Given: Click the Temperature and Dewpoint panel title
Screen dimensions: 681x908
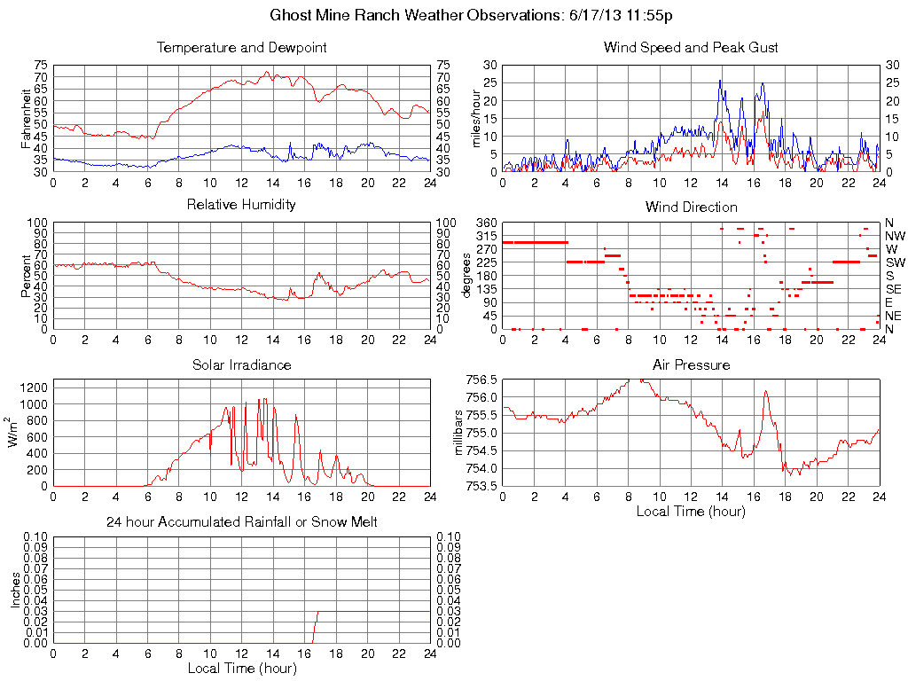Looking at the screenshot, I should tap(241, 47).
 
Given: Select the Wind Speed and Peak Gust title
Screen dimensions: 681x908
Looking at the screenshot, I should tap(691, 47).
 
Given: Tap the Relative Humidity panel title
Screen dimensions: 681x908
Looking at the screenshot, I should tap(241, 205).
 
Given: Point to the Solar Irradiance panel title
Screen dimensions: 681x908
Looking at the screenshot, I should tap(241, 364).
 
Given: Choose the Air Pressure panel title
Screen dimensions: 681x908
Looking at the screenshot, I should tap(691, 364).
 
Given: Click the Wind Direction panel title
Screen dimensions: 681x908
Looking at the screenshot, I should tap(691, 207).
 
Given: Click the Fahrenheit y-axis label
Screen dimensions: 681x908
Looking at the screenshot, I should tap(26, 119).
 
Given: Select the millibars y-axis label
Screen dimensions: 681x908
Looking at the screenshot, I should tap(458, 433).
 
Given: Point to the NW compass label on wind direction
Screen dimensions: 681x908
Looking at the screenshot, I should tap(894, 236).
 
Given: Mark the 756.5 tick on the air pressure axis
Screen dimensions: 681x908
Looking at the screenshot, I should tap(482, 380).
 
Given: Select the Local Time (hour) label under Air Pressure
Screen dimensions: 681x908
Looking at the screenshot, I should tap(691, 511).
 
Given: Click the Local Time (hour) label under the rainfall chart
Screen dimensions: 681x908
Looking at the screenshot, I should tap(241, 668).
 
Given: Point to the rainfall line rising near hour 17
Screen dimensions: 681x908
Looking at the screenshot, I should tap(315, 625).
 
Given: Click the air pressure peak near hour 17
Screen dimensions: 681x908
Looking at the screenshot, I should tap(765, 391).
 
